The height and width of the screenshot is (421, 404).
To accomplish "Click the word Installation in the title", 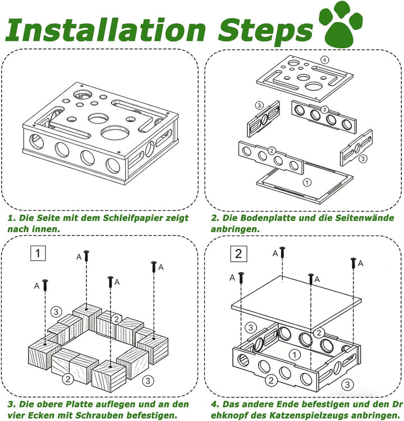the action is (105, 30).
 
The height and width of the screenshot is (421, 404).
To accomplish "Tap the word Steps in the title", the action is (265, 32).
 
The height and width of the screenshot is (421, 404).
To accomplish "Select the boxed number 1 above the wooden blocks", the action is (38, 253).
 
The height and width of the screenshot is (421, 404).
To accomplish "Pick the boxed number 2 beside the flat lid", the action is (238, 254).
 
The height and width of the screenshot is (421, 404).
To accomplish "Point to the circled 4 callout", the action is (324, 60).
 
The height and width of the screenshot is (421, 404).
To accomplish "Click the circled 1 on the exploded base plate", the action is (307, 183).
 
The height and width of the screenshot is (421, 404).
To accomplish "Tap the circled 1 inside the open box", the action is (295, 355).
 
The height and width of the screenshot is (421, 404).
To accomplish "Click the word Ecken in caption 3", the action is (40, 415).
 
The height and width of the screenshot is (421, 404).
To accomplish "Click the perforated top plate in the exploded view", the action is (305, 78).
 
